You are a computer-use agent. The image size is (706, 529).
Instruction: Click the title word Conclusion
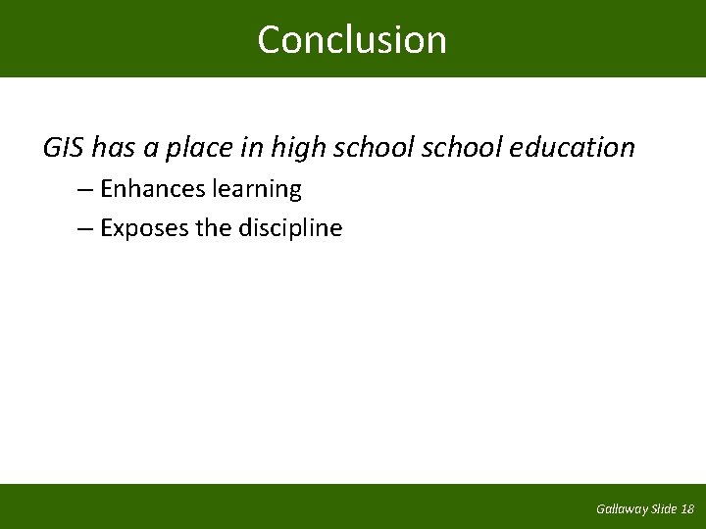point(352,40)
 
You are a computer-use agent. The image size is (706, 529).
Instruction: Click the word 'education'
point(573,148)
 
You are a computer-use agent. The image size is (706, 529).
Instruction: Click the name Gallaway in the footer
point(622,509)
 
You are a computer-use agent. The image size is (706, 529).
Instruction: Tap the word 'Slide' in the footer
point(665,509)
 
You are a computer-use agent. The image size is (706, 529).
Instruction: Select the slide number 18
point(687,509)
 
